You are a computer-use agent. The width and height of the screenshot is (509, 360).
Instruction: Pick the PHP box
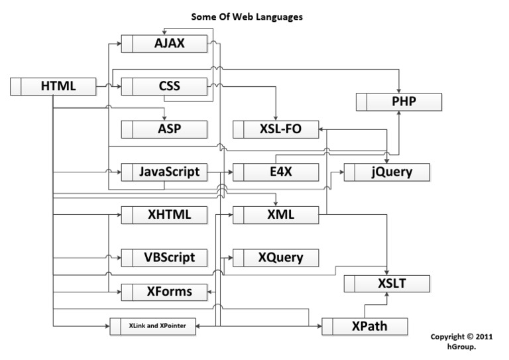tap(398, 102)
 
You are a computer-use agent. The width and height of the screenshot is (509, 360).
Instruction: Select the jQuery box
tap(388, 172)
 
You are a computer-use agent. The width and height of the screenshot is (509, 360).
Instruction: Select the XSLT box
tap(388, 284)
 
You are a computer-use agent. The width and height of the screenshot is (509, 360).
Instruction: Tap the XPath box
tap(365, 326)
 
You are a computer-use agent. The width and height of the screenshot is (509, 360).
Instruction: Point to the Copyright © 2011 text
tap(461, 337)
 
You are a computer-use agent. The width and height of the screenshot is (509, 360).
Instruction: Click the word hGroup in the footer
tap(461, 347)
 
